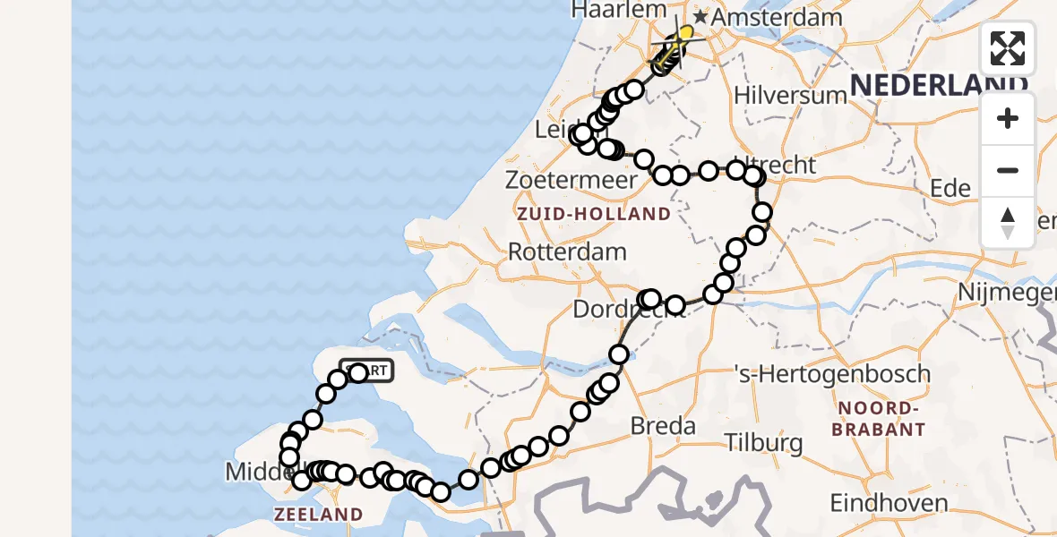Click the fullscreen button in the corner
tap(1008, 48)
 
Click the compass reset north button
tap(1008, 223)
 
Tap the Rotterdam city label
tap(567, 251)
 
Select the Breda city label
tap(664, 425)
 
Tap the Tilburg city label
tap(763, 442)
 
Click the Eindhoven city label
tap(889, 502)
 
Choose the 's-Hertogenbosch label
tap(831, 373)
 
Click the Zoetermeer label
tap(571, 179)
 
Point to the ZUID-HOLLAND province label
tap(592, 214)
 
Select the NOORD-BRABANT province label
tap(878, 419)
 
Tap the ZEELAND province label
tap(318, 515)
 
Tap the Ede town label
tap(950, 188)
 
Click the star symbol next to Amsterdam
tap(700, 17)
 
